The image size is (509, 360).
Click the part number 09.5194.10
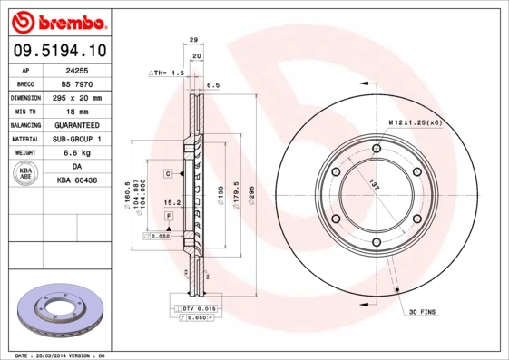59,51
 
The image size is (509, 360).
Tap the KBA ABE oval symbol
26,174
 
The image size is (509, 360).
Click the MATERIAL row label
24,139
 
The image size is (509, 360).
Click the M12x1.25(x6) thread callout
415,122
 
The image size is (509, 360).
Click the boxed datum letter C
169,172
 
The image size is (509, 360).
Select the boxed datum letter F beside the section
169,215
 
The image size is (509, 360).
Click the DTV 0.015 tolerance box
193,310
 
